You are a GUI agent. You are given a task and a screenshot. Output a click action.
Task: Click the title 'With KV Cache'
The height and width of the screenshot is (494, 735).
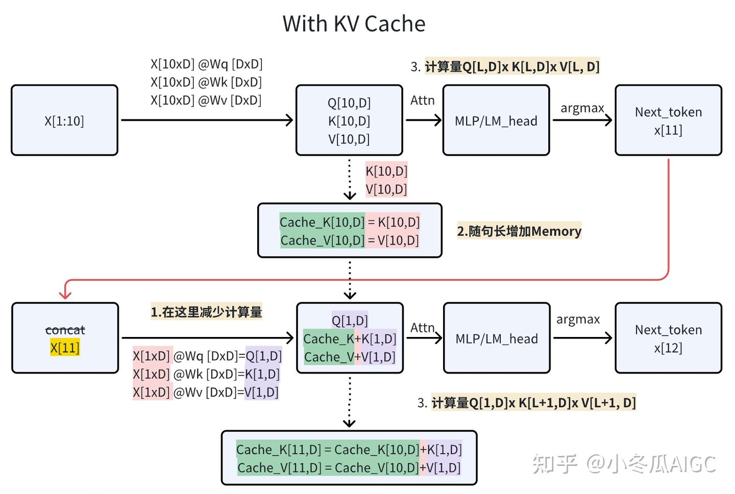[354, 24]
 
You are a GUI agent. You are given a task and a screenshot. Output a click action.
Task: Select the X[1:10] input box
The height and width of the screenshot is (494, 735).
[64, 121]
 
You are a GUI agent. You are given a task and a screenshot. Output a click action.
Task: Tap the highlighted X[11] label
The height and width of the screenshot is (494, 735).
[65, 348]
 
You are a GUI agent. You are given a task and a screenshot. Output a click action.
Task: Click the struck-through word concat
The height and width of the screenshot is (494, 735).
[65, 330]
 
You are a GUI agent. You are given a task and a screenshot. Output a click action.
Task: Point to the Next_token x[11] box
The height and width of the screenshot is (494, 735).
[668, 121]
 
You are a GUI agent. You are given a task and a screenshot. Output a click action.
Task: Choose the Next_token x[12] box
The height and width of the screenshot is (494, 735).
[668, 339]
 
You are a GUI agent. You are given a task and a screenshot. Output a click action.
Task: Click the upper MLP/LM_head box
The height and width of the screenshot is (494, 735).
[496, 121]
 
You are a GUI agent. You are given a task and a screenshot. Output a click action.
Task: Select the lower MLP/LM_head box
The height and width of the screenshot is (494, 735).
[496, 339]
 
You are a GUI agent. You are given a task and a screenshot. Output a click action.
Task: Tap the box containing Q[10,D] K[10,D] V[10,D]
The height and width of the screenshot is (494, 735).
[349, 121]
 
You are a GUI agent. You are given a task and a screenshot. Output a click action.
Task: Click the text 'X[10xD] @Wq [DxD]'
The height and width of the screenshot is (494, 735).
[206, 64]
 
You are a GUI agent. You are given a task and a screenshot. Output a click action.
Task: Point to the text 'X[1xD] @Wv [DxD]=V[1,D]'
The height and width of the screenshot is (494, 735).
[206, 393]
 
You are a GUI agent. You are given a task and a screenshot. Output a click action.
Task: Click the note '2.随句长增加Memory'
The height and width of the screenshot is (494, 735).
[519, 231]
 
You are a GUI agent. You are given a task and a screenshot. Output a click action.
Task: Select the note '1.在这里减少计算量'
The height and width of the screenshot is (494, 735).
[206, 312]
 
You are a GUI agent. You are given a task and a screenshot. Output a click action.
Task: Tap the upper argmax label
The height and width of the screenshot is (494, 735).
[582, 108]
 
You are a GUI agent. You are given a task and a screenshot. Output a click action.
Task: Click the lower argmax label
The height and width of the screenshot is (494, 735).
[578, 320]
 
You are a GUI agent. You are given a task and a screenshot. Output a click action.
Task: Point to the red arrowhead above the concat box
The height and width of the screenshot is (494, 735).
[65, 294]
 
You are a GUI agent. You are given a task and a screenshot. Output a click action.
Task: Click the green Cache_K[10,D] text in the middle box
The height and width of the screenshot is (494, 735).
[322, 222]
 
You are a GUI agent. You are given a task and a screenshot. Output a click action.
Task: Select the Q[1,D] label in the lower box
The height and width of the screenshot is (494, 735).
[350, 321]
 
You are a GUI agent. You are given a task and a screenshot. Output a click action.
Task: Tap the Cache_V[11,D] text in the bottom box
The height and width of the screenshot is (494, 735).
[279, 468]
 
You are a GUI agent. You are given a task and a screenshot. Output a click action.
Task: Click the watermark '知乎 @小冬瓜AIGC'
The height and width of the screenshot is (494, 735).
[624, 464]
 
